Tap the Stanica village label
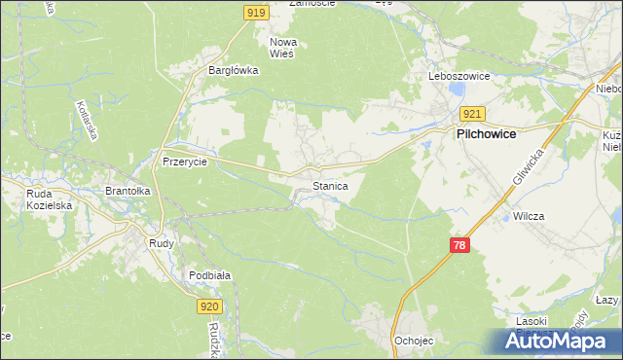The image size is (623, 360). [x=330, y=184]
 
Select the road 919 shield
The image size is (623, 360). [x=256, y=13]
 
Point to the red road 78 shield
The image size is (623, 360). [x=461, y=246]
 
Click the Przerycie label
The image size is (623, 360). [x=185, y=162]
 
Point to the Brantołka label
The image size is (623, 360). [x=128, y=192]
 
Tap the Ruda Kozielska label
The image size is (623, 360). [x=45, y=199]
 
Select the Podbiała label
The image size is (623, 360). [x=210, y=275]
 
